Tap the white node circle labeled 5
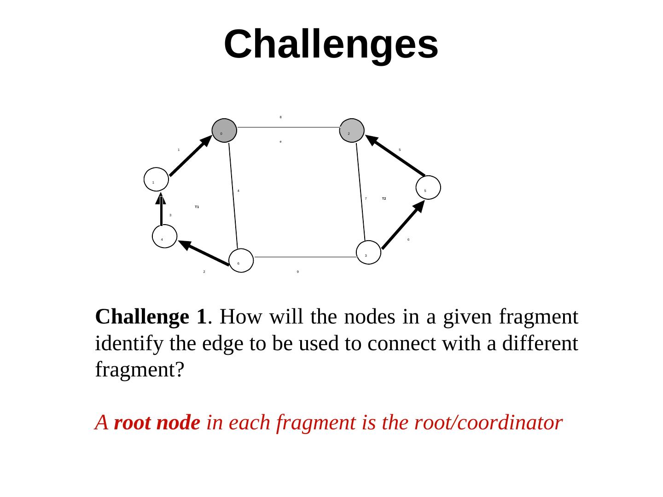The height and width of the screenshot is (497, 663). tap(429, 187)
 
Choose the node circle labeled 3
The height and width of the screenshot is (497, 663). tap(369, 252)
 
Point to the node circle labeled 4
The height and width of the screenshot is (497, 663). tap(164, 236)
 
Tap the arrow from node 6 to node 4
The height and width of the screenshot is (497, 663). tap(204, 253)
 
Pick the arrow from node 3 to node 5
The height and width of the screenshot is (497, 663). tap(403, 225)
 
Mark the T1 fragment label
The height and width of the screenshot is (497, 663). tap(197, 207)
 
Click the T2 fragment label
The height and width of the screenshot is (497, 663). tap(384, 199)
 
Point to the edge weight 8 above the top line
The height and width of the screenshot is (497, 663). tap(281, 117)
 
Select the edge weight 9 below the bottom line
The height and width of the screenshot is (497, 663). tap(298, 272)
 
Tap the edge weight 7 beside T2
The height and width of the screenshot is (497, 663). tap(366, 199)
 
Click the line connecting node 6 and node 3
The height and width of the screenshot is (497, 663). tap(305, 257)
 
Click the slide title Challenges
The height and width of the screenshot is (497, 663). tap(331, 44)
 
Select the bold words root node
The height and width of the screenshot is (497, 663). tap(157, 422)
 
